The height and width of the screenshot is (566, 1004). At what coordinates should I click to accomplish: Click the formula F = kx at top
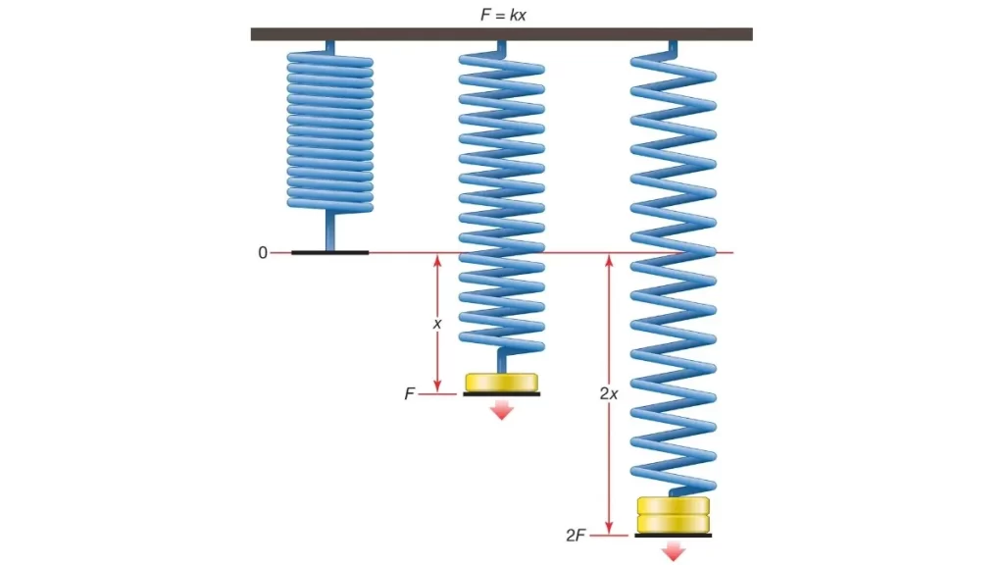(501, 14)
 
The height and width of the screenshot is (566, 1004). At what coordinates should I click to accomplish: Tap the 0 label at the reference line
(262, 253)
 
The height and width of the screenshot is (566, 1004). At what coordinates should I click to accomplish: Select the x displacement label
(437, 322)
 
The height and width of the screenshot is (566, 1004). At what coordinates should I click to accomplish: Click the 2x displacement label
(608, 393)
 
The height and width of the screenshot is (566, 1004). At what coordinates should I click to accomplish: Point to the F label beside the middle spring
(410, 394)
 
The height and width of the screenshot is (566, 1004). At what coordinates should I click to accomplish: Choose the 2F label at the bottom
(577, 536)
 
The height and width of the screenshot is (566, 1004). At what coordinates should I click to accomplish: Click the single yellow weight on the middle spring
(502, 381)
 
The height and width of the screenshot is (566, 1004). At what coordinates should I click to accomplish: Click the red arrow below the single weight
(502, 409)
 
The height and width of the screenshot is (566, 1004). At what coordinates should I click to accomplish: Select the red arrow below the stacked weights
(673, 551)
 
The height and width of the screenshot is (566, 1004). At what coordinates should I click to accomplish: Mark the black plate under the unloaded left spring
(329, 253)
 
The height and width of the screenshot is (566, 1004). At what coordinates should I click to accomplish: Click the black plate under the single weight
(502, 394)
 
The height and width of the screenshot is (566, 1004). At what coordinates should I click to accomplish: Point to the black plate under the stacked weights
(673, 536)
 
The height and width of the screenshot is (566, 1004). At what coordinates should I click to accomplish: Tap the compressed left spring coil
(329, 128)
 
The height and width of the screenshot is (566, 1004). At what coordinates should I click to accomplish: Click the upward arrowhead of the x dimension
(437, 260)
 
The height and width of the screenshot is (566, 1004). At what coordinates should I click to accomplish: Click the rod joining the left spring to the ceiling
(329, 46)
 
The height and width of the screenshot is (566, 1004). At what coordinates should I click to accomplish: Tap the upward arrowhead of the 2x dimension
(609, 260)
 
